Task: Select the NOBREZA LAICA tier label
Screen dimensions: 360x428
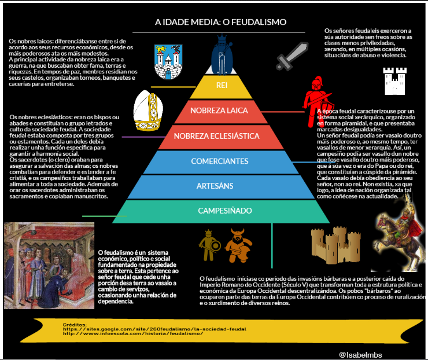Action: (x=220, y=111)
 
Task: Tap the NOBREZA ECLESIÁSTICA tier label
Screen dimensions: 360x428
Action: (x=220, y=137)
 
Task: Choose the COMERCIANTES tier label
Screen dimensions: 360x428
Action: (x=220, y=161)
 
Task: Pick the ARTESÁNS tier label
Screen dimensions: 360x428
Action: (x=220, y=185)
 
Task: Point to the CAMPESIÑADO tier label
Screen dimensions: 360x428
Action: (x=220, y=210)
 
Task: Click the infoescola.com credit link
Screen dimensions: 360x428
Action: (x=132, y=333)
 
